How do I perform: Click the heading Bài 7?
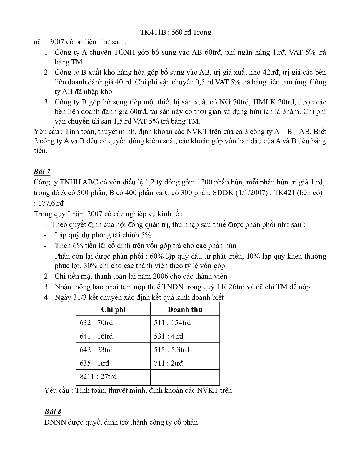pyautogui.click(x=42, y=172)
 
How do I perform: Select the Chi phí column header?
pyautogui.click(x=113, y=309)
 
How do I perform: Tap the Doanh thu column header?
pyautogui.click(x=185, y=309)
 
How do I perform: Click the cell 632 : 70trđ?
pyautogui.click(x=96, y=323)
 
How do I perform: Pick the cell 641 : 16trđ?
pyautogui.click(x=96, y=336)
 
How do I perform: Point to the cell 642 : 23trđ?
pyautogui.click(x=96, y=350)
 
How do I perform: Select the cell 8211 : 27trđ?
pyautogui.click(x=98, y=377)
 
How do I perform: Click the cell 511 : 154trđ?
pyautogui.click(x=172, y=323)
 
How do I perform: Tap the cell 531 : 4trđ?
pyautogui.click(x=168, y=336)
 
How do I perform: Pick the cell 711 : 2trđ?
pyautogui.click(x=168, y=363)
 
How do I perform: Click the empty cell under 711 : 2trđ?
pyautogui.click(x=185, y=377)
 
